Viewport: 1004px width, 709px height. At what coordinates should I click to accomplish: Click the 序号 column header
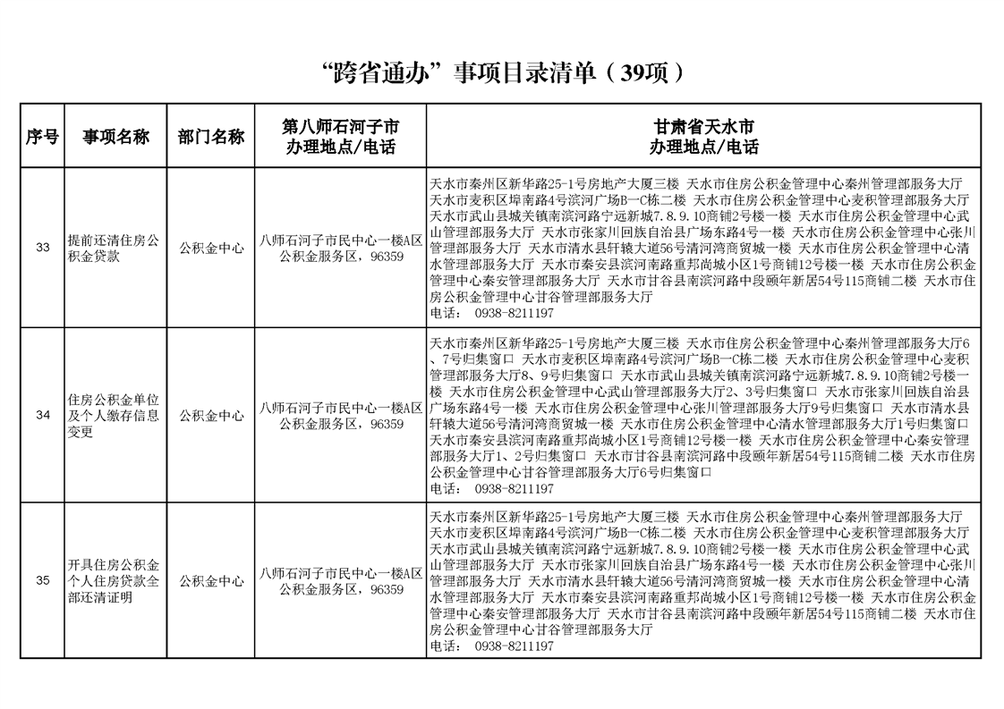coord(42,137)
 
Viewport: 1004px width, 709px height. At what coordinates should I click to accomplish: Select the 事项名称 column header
coord(115,137)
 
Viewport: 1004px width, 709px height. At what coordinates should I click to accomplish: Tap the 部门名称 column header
coord(210,137)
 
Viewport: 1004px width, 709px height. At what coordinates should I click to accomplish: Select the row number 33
coord(42,248)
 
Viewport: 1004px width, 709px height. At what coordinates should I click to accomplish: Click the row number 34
coord(42,415)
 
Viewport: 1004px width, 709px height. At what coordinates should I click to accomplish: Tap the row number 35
coord(42,581)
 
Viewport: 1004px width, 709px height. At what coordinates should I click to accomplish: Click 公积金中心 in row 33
coord(210,248)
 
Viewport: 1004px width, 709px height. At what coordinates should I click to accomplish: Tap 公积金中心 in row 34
coord(210,415)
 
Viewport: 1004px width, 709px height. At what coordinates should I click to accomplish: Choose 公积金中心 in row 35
coord(210,581)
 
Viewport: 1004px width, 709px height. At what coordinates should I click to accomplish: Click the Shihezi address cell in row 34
coord(340,415)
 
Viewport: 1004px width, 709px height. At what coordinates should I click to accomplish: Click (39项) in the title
coord(646,71)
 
